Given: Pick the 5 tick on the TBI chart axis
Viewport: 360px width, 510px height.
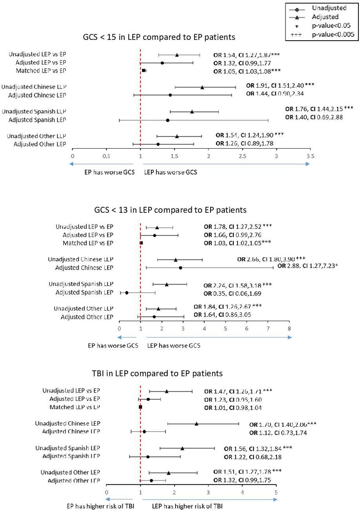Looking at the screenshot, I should (276, 492).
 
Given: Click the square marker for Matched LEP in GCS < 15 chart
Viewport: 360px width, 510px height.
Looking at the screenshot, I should (144, 71).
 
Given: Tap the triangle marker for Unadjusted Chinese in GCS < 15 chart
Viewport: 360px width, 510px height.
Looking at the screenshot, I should (202, 87).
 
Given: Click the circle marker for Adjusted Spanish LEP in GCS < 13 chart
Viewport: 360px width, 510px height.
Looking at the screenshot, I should (127, 292).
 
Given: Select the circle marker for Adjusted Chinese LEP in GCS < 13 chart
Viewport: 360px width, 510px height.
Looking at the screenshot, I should (180, 268).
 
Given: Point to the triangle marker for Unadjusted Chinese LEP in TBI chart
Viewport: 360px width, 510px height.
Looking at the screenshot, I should (196, 424).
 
